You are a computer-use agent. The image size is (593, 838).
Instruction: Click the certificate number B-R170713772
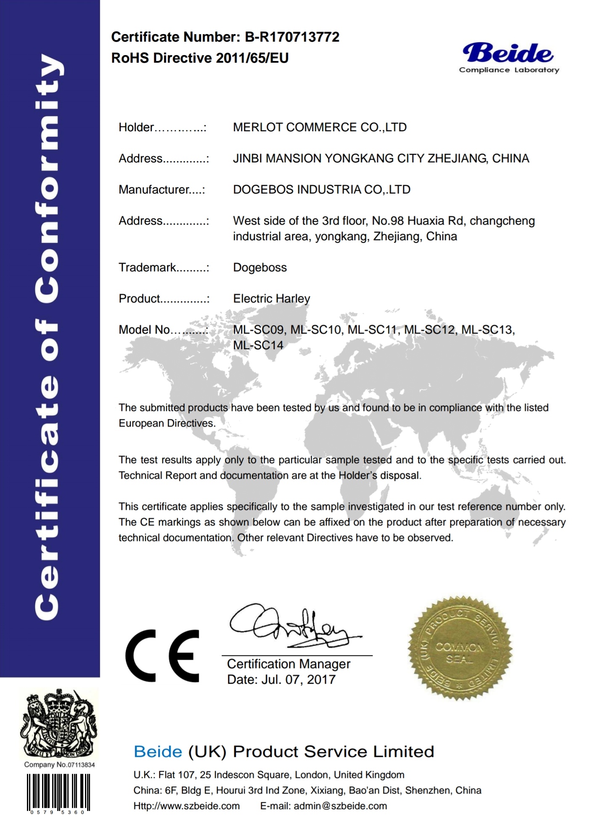292,37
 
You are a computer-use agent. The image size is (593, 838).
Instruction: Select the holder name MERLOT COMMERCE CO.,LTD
320,127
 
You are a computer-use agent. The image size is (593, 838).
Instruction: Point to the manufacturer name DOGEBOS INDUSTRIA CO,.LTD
321,189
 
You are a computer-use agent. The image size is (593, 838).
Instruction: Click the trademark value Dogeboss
260,268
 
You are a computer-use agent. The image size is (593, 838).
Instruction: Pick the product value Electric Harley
271,299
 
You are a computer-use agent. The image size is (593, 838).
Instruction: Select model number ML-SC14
258,345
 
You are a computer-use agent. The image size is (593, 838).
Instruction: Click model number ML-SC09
258,330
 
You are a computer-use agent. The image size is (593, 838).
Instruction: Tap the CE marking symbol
162,656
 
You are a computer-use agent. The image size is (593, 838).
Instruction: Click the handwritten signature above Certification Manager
290,627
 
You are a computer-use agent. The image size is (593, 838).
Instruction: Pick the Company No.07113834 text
59,765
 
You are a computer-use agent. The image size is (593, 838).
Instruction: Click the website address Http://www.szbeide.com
186,806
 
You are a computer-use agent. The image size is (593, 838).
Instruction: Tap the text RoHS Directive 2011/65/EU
200,58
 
